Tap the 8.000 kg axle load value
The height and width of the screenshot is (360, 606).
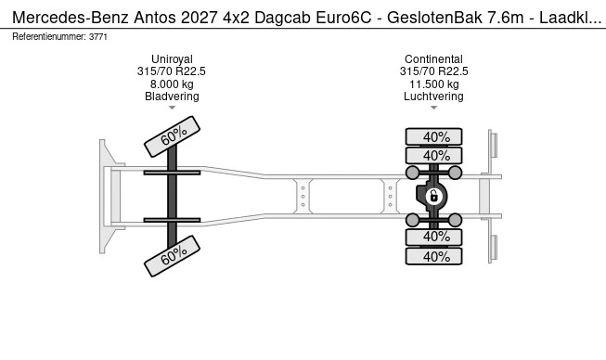point(172,84)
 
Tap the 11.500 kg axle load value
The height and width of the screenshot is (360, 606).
point(433,84)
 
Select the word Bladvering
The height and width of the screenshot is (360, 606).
point(172,96)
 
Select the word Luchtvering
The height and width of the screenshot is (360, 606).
point(433,96)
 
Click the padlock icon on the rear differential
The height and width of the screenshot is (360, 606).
point(433,196)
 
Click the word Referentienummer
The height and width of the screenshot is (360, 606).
point(49,36)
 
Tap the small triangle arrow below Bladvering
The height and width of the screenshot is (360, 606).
point(172,109)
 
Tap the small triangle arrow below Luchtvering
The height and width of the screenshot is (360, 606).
point(433,109)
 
